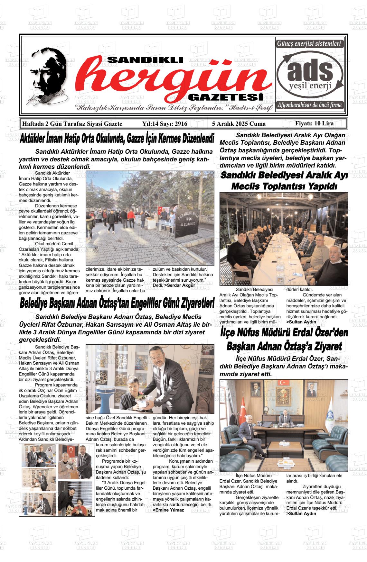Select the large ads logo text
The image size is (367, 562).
[311, 70]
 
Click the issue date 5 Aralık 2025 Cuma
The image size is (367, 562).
[239, 124]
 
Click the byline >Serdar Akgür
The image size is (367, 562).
[180, 285]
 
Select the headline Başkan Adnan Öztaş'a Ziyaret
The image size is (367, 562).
[284, 347]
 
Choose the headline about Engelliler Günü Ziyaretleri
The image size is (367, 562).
[117, 304]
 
